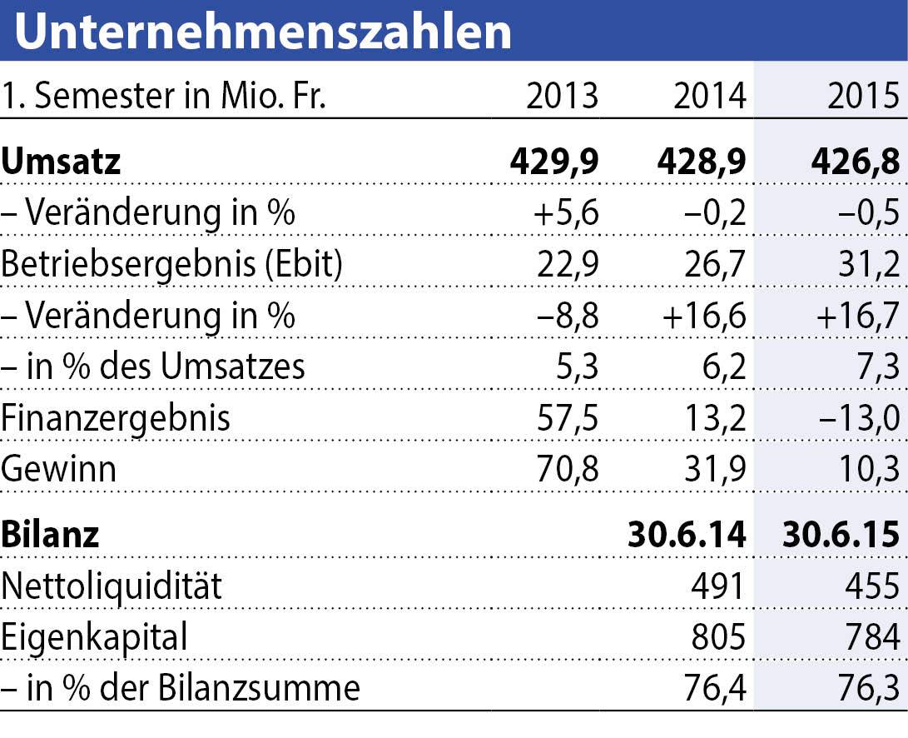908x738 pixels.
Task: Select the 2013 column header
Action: pos(563,97)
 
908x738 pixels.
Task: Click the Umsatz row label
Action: pos(62,161)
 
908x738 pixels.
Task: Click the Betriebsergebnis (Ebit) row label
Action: pos(172,264)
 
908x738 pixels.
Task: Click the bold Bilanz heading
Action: pos(50,534)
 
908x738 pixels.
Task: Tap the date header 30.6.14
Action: pos(687,534)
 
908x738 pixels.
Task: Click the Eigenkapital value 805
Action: pos(717,637)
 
